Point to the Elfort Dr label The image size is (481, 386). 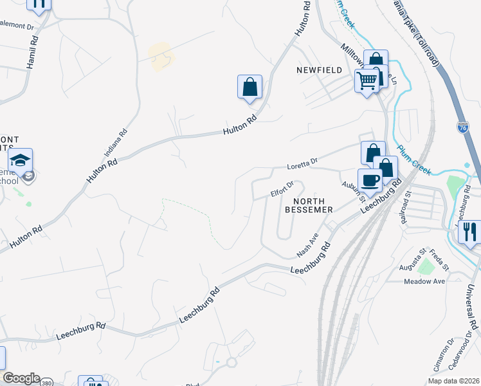click(x=282, y=188)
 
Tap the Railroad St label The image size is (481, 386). click(x=404, y=210)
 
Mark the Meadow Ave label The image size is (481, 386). click(x=424, y=281)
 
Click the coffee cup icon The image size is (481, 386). click(x=370, y=180)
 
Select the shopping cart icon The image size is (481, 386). click(x=367, y=81)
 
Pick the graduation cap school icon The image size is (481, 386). click(x=20, y=160)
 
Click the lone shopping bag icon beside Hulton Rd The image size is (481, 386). click(x=250, y=86)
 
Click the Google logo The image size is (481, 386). click(x=21, y=378)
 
